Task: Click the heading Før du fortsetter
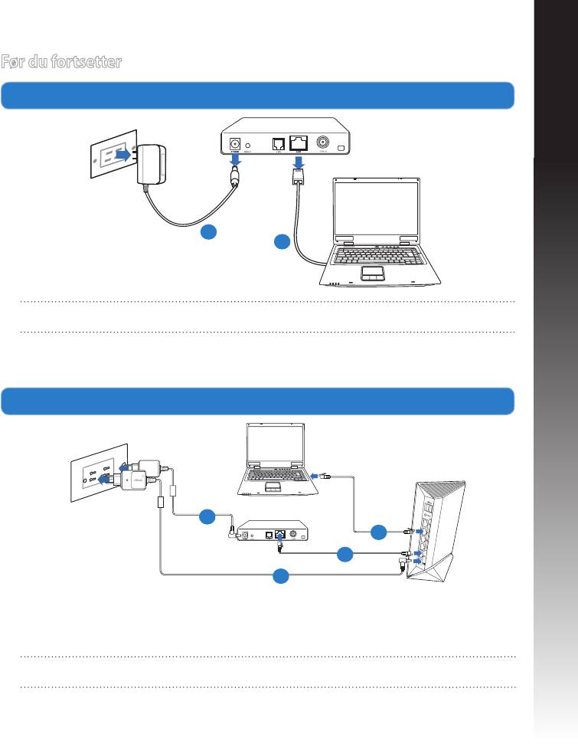coord(60,62)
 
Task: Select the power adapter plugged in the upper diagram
coord(152,162)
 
